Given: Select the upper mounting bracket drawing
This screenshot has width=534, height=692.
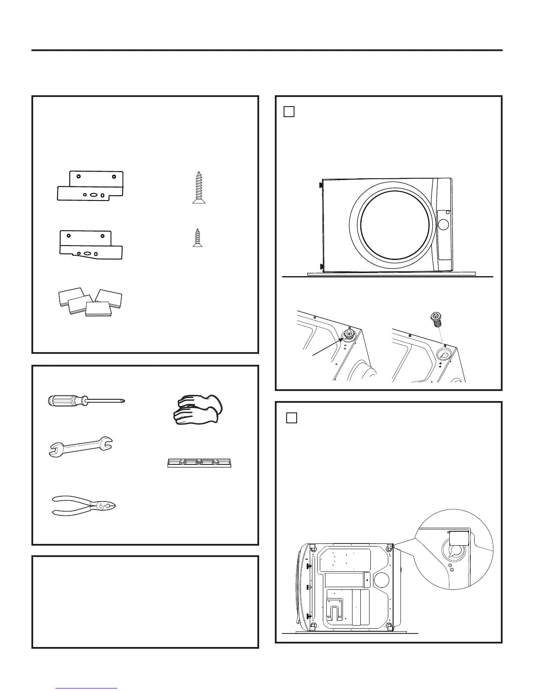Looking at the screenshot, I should pos(91,186).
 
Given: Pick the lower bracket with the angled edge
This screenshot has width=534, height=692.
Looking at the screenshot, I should pos(91,245).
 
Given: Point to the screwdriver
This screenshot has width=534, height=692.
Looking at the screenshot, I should pos(86,400).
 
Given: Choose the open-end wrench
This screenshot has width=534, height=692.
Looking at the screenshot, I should pos(80,446).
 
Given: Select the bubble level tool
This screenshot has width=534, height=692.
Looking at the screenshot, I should pos(199,463).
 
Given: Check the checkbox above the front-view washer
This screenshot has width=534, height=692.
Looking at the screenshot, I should pos(289,112).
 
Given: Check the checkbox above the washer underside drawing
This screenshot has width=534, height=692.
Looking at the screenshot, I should pos(292,418).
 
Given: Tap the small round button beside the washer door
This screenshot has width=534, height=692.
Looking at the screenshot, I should pos(443,225).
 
